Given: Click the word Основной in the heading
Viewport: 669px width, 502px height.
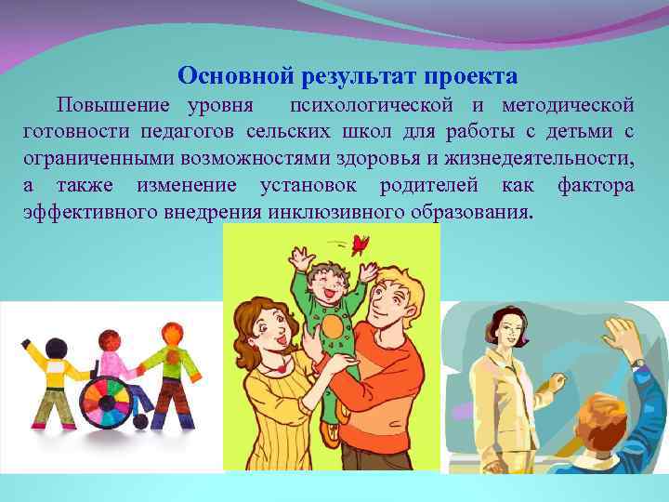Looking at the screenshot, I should tap(224, 74).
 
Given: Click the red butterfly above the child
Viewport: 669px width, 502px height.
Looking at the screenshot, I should tap(360, 244).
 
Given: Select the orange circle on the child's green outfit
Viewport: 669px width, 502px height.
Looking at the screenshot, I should tap(331, 327).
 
